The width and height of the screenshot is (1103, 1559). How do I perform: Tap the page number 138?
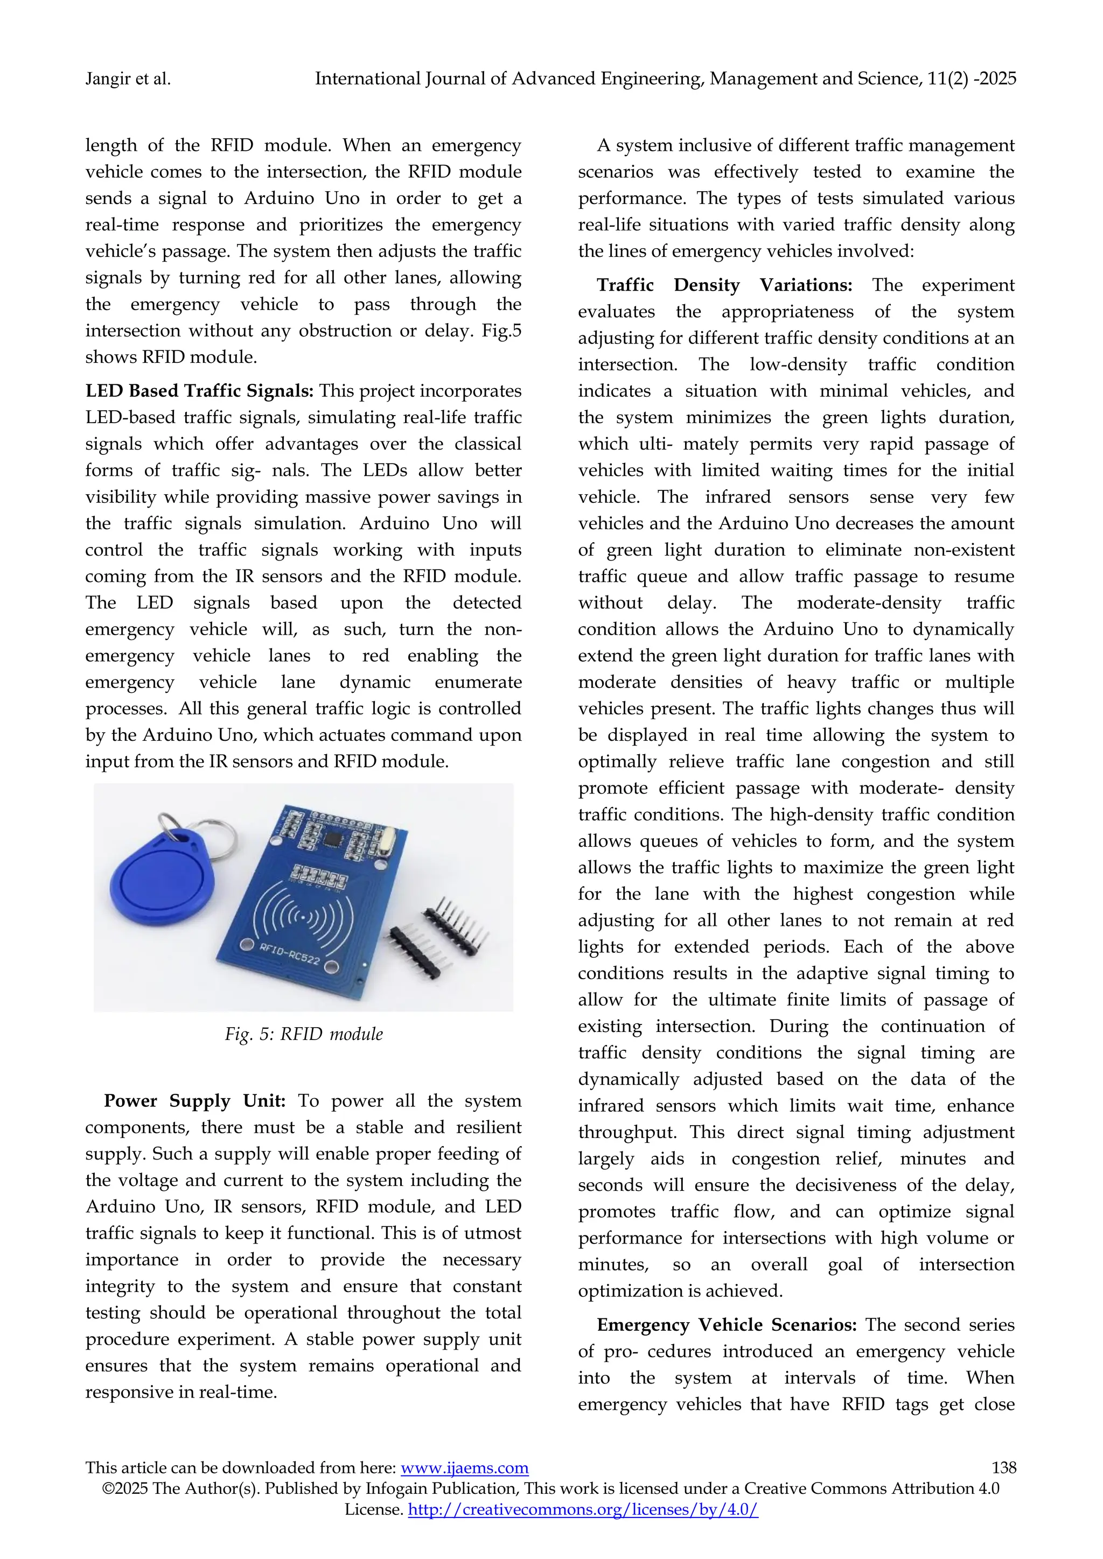pyautogui.click(x=1004, y=1467)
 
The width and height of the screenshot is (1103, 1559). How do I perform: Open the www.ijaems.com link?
pyautogui.click(x=465, y=1468)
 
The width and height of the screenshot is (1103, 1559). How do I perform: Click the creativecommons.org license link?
pyautogui.click(x=583, y=1510)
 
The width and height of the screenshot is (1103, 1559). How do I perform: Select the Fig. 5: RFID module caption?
pyautogui.click(x=304, y=1034)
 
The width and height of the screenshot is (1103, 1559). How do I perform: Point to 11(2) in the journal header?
pyautogui.click(x=947, y=80)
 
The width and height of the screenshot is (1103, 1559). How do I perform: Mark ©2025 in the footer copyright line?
pyautogui.click(x=125, y=1488)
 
